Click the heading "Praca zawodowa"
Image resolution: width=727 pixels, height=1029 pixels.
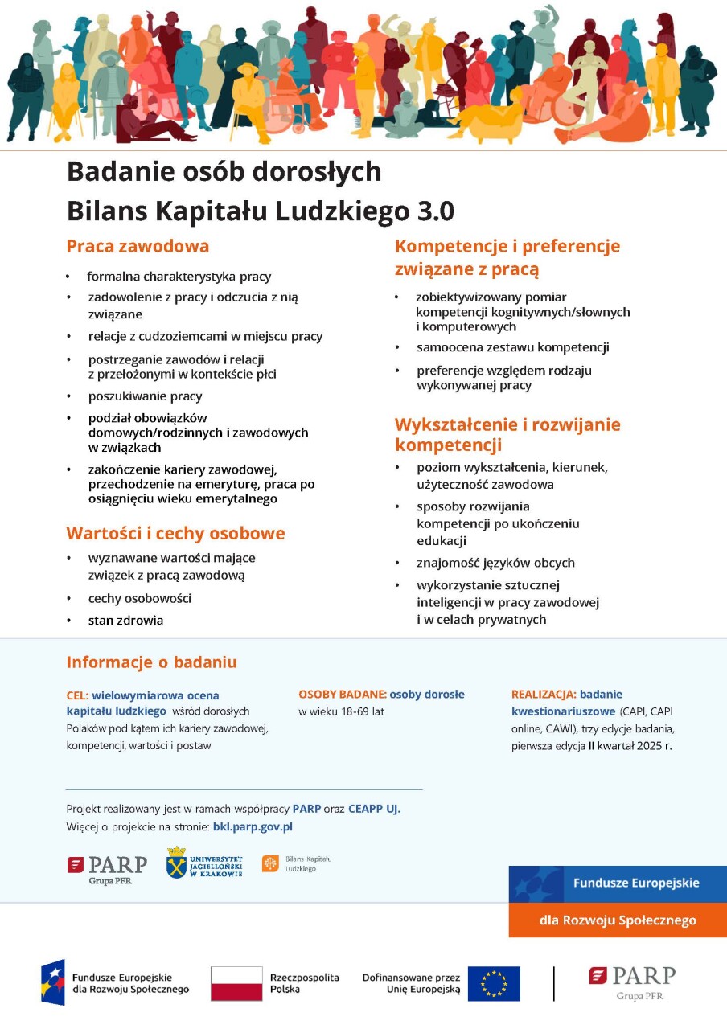(x=138, y=246)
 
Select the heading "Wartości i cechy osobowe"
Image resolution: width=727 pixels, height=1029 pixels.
(x=175, y=534)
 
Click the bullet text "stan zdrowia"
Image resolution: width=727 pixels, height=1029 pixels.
(x=125, y=621)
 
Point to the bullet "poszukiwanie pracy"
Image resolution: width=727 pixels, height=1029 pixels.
(x=145, y=396)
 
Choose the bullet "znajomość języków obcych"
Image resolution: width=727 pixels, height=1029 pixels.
(x=495, y=563)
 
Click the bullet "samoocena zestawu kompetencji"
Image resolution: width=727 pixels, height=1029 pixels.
(x=512, y=348)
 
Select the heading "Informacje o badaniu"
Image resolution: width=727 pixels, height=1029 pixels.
(x=151, y=662)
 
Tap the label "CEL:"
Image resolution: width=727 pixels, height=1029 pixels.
(x=77, y=695)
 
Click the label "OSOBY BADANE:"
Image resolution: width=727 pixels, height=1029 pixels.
(x=342, y=695)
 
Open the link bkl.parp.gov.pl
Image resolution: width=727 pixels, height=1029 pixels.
(x=253, y=826)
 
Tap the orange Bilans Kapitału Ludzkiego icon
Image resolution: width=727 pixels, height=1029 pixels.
(x=270, y=863)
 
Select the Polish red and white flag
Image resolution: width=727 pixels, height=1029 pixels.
(x=236, y=983)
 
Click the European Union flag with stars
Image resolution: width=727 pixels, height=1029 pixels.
(x=494, y=983)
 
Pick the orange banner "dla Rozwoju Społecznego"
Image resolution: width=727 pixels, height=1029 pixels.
(x=618, y=920)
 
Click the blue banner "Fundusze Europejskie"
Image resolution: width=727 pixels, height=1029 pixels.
(x=618, y=883)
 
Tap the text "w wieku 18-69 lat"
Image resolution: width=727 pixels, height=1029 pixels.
(x=341, y=712)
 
